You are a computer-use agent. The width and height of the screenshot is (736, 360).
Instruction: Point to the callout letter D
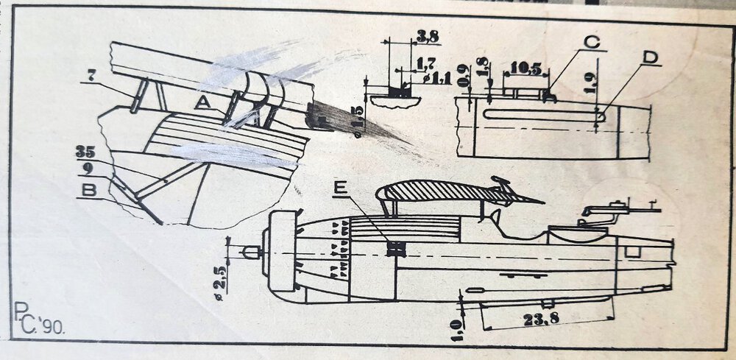click(648, 57)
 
